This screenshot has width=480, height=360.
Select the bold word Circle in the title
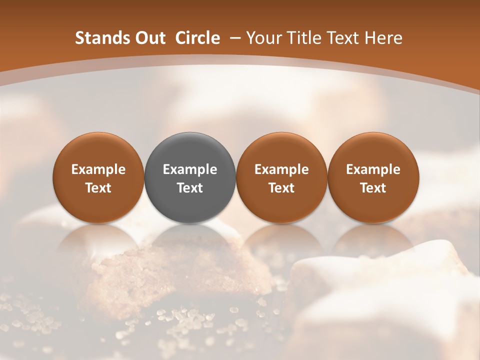coord(197,38)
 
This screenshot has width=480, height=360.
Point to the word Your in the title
coord(263,38)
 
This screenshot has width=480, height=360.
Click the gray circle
coord(190,177)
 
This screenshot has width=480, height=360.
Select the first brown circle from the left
coord(98,177)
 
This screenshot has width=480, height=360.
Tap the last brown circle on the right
coord(373,177)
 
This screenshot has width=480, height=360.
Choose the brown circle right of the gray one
coord(281,177)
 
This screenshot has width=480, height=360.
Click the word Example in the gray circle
coord(190,169)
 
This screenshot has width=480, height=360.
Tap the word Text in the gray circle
coord(190,188)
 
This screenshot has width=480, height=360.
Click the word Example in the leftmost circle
coord(98,169)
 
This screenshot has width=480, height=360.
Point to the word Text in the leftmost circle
coord(98,188)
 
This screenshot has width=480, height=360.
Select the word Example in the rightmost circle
coord(373,169)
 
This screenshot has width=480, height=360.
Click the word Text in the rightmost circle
coord(373,188)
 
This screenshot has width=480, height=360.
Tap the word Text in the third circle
coord(281,188)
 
